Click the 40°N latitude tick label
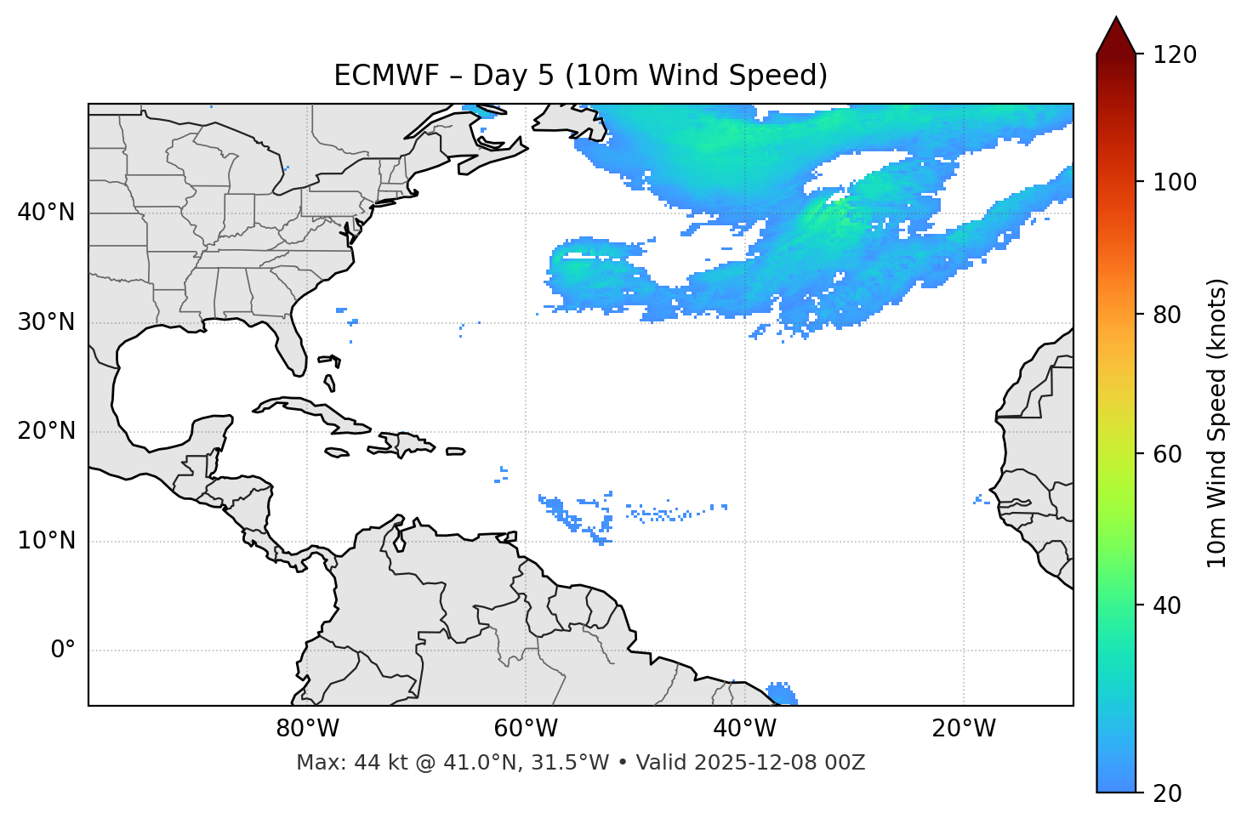46,213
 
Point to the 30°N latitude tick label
46,322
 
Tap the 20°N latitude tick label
46,431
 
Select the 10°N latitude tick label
46,541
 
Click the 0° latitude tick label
63,651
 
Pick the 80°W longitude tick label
307,729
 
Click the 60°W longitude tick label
526,729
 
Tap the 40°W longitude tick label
745,729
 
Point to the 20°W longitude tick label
964,729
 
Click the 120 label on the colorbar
1175,55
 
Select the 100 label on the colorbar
1175,182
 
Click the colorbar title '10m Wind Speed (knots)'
1217,423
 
